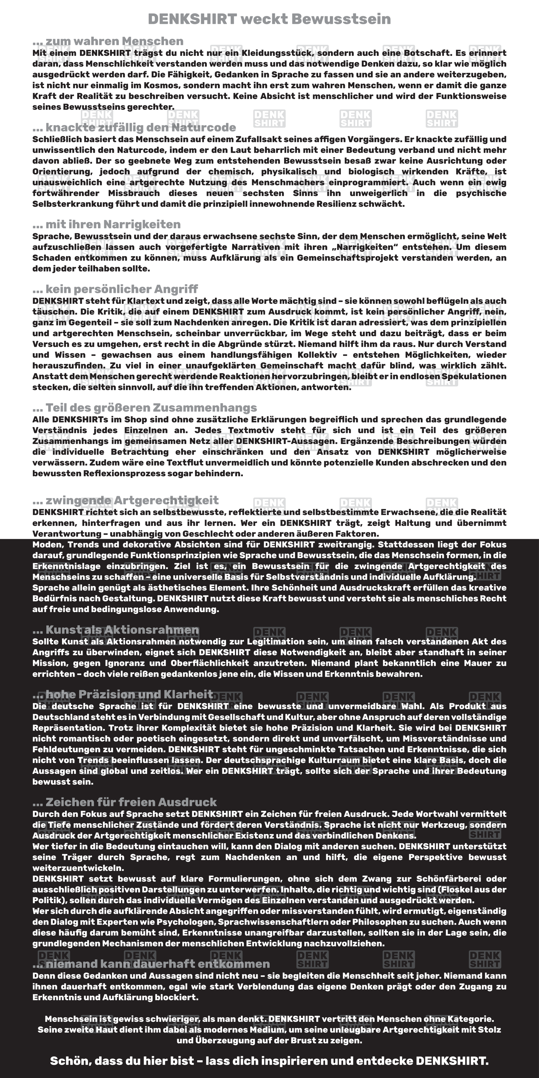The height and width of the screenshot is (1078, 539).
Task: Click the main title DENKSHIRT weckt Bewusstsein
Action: point(269,19)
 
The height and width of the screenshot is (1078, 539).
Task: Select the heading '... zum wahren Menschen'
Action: point(108,41)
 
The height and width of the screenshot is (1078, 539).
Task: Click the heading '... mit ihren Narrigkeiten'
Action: point(106,224)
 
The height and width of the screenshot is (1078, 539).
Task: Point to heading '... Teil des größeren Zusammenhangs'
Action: point(144,408)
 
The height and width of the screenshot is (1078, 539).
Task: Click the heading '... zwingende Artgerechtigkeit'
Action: point(125,500)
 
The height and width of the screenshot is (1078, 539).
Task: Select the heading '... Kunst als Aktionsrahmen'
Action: point(115,630)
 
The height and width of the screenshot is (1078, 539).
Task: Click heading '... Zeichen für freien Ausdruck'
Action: point(124,802)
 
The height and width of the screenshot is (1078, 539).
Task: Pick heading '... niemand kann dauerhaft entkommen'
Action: point(151,964)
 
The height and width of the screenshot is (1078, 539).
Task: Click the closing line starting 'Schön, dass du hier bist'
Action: point(269,1061)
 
